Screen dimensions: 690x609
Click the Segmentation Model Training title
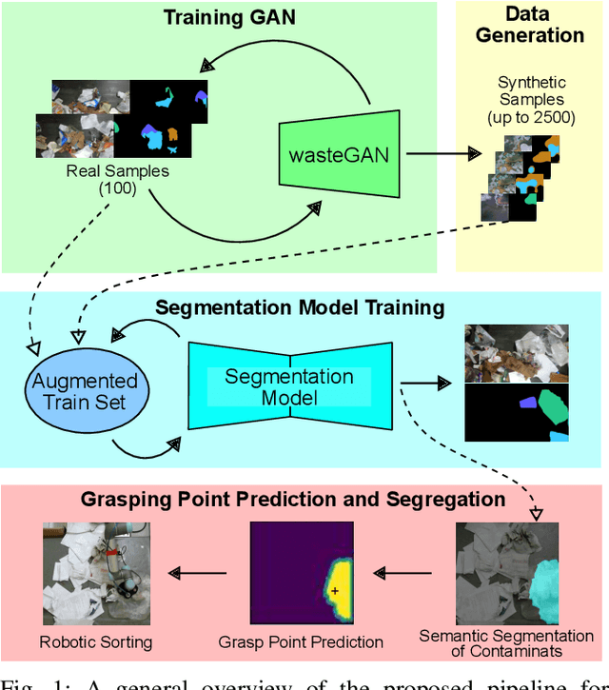(x=300, y=307)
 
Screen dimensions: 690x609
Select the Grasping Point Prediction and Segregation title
(x=292, y=499)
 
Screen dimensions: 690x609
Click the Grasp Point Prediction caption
(x=300, y=641)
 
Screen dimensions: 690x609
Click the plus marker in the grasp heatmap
(x=335, y=591)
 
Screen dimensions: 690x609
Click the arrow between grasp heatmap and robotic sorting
(x=198, y=573)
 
